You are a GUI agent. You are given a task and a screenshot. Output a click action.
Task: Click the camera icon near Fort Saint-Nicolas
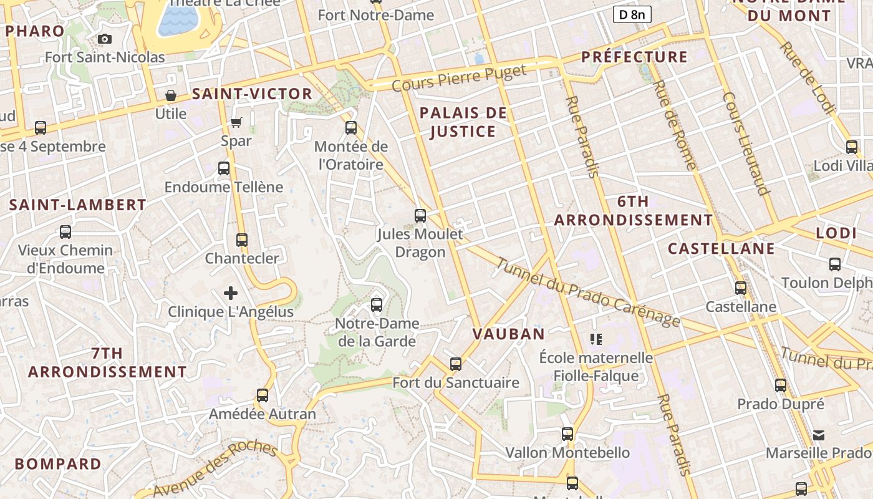[x=105, y=39]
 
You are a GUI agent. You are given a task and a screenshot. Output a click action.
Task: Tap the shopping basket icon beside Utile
[x=170, y=95]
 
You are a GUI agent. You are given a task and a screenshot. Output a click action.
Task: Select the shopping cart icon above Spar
[x=236, y=122]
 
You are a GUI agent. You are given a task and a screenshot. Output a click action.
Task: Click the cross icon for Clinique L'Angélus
[x=231, y=293]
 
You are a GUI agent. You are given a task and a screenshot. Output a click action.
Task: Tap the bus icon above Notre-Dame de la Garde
[x=376, y=305]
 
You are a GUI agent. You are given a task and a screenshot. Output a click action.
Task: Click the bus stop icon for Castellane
[x=741, y=288]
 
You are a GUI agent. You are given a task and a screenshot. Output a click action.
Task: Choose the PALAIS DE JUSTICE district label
[x=463, y=122]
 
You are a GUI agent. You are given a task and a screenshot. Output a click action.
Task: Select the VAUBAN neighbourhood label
[x=509, y=334]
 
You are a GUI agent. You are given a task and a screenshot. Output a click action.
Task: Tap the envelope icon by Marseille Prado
[x=819, y=435]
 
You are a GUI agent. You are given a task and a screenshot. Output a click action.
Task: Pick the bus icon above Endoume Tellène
[x=224, y=168]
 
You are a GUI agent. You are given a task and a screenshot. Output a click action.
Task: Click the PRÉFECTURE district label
[x=634, y=57]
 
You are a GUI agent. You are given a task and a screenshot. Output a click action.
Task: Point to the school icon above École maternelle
[x=596, y=339]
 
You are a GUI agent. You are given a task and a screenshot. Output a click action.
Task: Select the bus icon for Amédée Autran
[x=263, y=395]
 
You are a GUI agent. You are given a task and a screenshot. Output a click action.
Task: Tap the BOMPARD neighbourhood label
[x=58, y=464]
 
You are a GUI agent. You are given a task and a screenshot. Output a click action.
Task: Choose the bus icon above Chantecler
[x=242, y=240]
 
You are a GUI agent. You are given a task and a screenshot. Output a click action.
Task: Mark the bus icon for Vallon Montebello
[x=567, y=434]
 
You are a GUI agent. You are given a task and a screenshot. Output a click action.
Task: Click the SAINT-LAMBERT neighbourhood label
[x=78, y=205]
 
